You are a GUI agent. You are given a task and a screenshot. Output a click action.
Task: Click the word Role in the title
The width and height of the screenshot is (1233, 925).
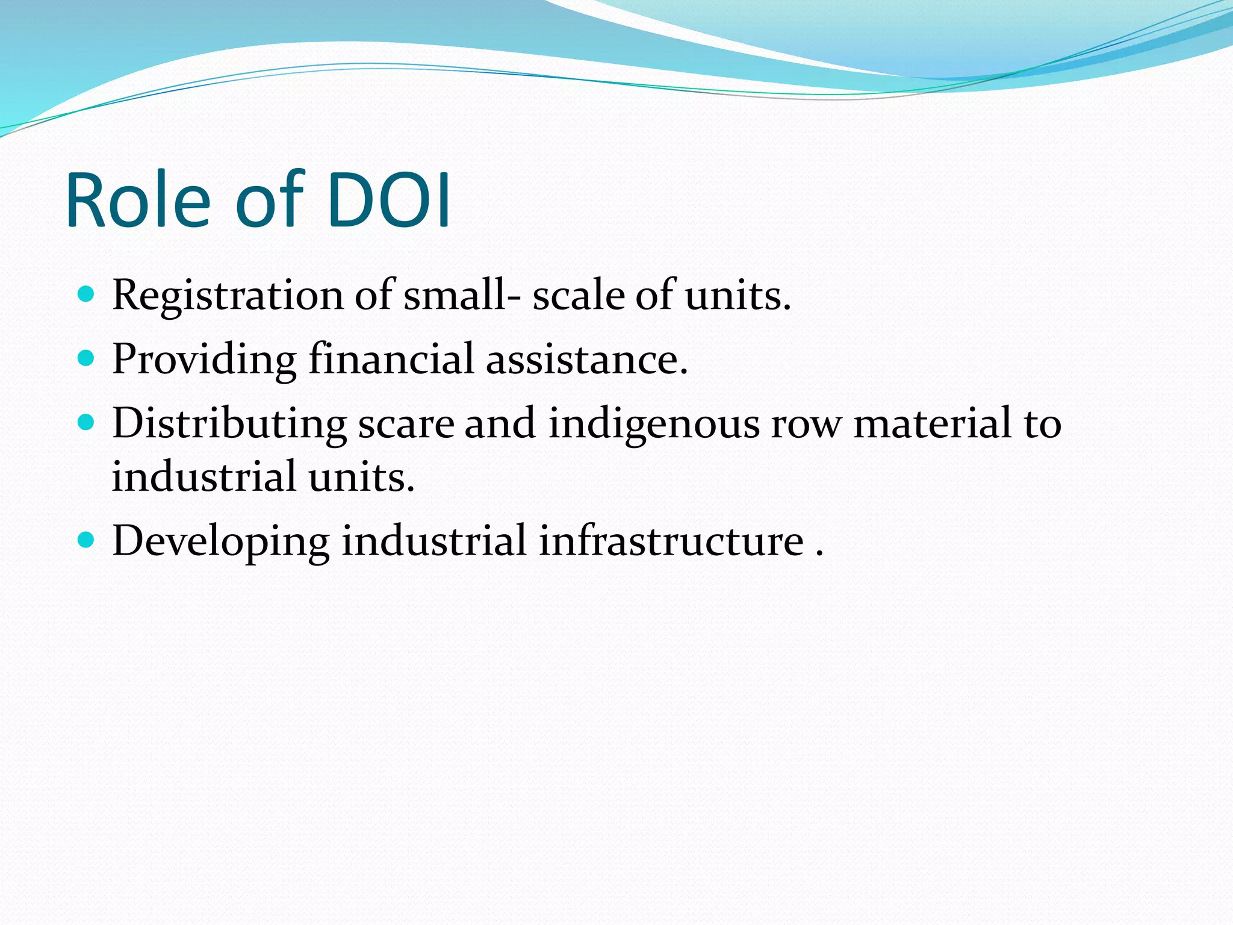[x=138, y=201]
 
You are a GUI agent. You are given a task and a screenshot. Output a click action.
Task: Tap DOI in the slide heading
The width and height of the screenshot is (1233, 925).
[x=389, y=201]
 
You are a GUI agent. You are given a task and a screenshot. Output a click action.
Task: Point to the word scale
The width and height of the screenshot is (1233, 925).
[x=579, y=296]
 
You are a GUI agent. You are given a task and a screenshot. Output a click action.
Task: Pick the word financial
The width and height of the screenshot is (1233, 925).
[x=391, y=360]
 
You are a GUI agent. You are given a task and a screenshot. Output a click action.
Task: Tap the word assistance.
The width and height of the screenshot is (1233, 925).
[x=587, y=360]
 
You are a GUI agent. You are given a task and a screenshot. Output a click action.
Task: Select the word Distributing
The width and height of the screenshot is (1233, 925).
[x=229, y=423]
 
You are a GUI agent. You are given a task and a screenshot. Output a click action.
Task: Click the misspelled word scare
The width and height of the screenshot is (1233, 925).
[x=406, y=423]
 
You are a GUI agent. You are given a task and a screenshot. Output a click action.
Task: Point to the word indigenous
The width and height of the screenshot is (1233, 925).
[x=654, y=423]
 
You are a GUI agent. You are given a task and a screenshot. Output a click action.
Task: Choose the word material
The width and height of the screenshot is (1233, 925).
[x=933, y=423]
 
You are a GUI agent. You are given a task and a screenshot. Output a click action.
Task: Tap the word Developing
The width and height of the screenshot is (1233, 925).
[x=221, y=541]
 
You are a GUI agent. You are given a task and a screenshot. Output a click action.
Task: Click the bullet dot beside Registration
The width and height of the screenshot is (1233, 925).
[x=87, y=294]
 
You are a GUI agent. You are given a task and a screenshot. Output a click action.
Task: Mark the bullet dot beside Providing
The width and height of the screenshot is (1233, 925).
[x=87, y=359]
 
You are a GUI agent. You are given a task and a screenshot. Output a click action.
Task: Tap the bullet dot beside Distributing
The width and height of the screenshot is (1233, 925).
[x=87, y=423]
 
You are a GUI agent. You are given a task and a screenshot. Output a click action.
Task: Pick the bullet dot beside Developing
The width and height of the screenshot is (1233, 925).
[x=87, y=540]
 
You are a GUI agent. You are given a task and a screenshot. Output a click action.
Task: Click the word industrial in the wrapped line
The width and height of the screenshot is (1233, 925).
[x=204, y=476]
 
